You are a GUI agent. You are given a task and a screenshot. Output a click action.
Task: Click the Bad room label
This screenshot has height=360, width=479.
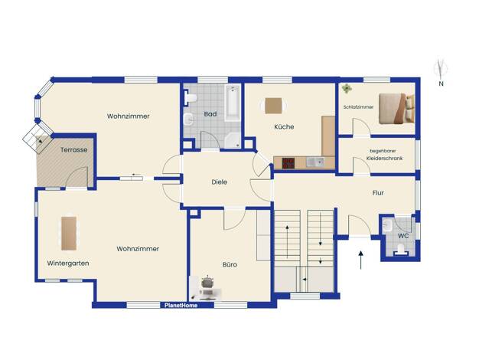[210, 114]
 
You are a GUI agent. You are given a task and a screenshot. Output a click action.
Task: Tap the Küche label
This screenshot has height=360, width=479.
[284, 126]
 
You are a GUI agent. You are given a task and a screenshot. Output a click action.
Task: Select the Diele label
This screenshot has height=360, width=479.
[220, 182]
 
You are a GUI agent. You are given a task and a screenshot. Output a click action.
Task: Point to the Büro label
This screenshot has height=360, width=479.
[230, 264]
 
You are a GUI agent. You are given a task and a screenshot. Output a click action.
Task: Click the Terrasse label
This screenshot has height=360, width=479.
[74, 150]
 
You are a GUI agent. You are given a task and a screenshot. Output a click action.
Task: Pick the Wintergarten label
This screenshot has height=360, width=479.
[68, 263]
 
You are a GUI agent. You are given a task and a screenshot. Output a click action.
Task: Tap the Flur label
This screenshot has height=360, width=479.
[378, 193]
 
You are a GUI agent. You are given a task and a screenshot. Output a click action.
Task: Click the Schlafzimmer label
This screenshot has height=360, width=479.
[358, 107]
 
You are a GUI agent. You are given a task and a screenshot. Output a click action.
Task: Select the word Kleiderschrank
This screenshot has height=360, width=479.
[385, 159]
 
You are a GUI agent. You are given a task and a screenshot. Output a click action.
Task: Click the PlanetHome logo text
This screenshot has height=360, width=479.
[181, 306]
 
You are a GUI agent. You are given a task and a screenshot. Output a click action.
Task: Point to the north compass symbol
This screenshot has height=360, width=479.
[441, 73]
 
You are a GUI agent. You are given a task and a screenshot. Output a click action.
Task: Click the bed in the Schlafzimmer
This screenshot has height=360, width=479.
[397, 109]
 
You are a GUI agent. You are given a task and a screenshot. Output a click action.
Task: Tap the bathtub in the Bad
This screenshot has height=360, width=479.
[233, 103]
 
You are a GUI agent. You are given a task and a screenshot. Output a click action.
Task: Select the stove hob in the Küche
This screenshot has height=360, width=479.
[288, 163]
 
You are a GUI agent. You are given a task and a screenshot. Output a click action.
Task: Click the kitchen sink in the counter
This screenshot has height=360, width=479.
[315, 162]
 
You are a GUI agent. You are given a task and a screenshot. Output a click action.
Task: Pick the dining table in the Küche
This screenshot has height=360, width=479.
[273, 106]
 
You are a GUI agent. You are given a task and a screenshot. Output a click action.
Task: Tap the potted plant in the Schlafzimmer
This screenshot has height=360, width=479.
[347, 88]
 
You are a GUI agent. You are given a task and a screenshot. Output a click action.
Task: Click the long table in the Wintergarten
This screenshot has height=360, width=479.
[69, 234]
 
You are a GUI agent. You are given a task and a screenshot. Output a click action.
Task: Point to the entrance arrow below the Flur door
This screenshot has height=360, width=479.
[360, 260]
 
